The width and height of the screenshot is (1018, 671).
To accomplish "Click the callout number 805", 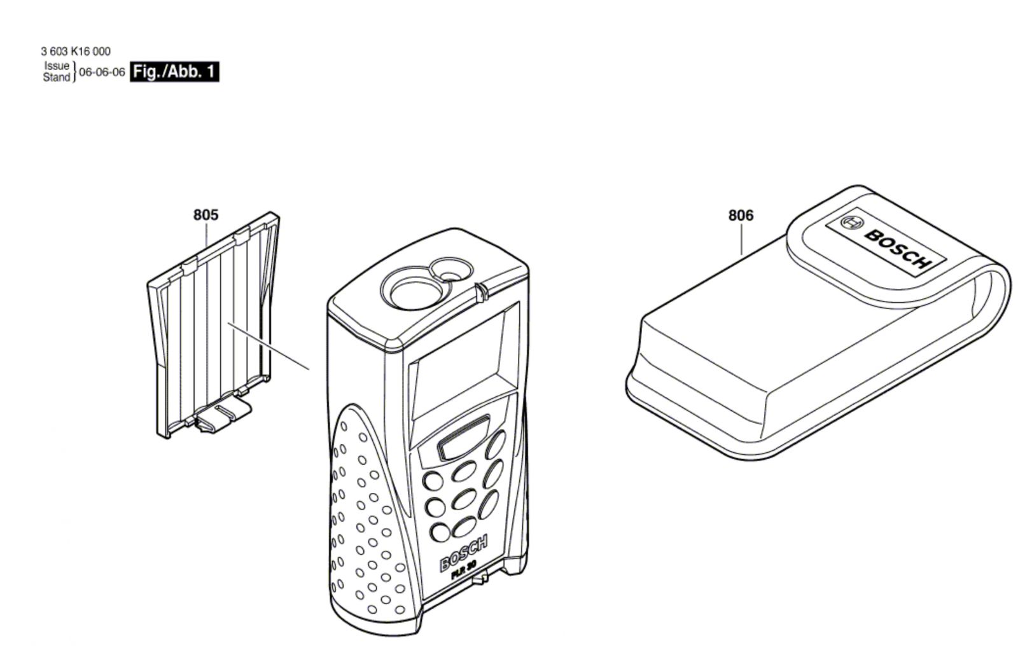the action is [206, 214].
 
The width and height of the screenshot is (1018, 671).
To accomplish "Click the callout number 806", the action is [741, 215].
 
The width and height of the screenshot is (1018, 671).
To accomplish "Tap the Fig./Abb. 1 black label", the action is [174, 72].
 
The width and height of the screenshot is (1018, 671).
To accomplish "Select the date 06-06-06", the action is [102, 73].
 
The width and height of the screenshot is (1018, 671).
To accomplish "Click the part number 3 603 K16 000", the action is [76, 52].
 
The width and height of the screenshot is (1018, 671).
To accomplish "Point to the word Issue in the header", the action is [57, 66].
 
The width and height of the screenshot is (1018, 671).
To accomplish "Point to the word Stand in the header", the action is [57, 77].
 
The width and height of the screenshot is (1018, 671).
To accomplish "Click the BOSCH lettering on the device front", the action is [464, 553].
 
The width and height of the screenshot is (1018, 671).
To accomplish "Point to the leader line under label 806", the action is [742, 239].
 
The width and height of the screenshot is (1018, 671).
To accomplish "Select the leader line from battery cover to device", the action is [269, 346].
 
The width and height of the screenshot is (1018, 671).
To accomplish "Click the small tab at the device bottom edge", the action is [480, 578].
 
